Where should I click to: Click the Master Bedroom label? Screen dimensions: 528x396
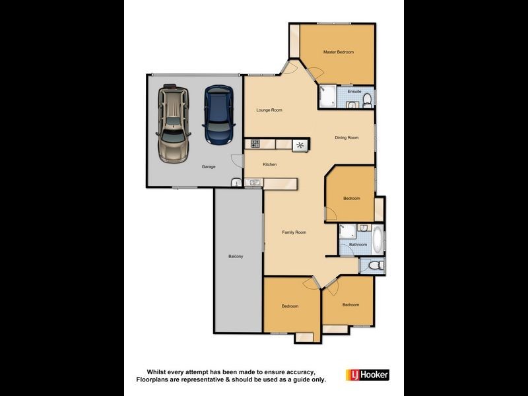(339, 52)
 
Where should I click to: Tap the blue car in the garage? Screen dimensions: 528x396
(219, 115)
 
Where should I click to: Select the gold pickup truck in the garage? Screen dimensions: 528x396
(173, 123)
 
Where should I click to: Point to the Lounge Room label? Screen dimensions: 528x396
(269, 110)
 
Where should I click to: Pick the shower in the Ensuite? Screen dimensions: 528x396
(327, 96)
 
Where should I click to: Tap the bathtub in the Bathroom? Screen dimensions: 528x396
(378, 240)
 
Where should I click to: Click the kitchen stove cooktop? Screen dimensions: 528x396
(255, 144)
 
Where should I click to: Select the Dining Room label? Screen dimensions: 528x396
(346, 138)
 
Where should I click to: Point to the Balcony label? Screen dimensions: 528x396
(236, 257)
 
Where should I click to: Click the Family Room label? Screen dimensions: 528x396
(294, 232)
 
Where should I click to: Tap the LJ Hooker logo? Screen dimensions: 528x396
(368, 375)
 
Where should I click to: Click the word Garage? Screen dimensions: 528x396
(209, 167)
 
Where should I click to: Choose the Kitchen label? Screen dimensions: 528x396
(270, 164)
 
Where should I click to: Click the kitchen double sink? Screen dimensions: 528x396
(254, 183)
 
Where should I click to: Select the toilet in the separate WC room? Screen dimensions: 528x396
(376, 266)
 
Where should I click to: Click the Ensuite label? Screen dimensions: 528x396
(354, 92)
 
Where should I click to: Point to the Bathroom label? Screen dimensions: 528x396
(358, 245)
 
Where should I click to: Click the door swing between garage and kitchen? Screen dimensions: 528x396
(237, 160)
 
